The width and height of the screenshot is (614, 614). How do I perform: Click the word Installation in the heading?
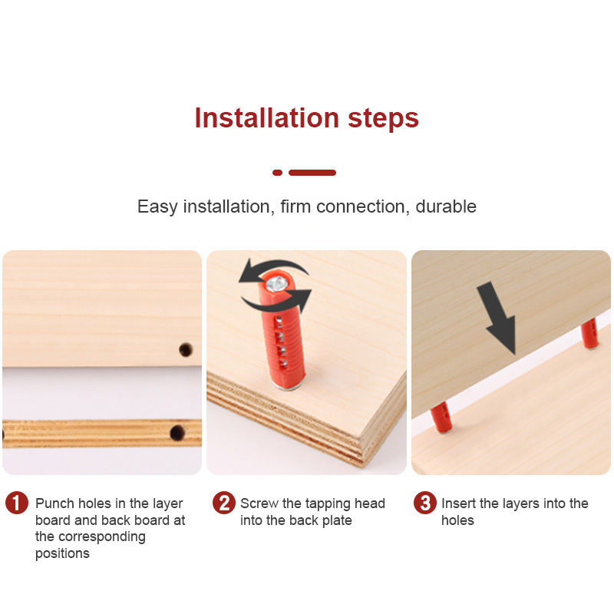point(266,118)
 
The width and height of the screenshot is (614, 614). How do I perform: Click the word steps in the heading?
point(383,120)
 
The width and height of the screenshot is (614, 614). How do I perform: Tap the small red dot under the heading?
point(277,173)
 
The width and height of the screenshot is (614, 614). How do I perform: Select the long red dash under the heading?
point(312,173)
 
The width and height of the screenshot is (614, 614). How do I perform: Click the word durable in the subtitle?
point(446,206)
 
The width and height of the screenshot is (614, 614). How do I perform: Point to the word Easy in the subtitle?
point(157,207)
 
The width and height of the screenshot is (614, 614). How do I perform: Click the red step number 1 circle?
point(17,503)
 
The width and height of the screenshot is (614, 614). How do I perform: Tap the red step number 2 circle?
point(224,503)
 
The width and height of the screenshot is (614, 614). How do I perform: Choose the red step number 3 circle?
point(425,503)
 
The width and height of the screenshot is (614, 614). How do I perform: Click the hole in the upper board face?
point(186,350)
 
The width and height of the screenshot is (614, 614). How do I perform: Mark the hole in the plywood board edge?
point(177,433)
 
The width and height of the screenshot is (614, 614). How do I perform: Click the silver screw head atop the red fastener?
point(277,284)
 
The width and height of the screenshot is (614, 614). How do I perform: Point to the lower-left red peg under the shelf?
point(441,418)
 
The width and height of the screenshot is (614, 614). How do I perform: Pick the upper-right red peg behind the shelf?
point(589,334)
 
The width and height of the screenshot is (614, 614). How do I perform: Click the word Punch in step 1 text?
point(54,503)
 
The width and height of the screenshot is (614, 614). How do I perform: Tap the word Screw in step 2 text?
point(259,503)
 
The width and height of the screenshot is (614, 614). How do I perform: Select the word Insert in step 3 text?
point(458,503)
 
